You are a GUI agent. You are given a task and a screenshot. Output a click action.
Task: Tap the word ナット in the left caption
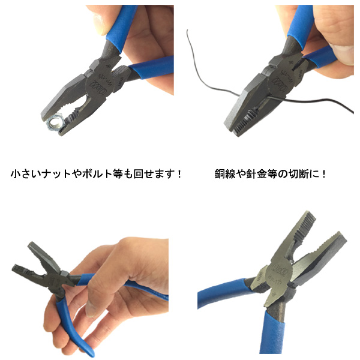coord(58,174)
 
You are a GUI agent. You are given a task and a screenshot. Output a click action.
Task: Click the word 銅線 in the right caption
coord(225,174)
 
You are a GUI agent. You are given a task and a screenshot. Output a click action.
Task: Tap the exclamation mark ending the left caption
coord(179,174)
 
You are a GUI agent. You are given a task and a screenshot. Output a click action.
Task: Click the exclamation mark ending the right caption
coord(323,174)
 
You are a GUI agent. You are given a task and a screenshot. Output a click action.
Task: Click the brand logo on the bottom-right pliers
coord(280,273)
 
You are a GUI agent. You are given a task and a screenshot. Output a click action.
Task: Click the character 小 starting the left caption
coord(16,174)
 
